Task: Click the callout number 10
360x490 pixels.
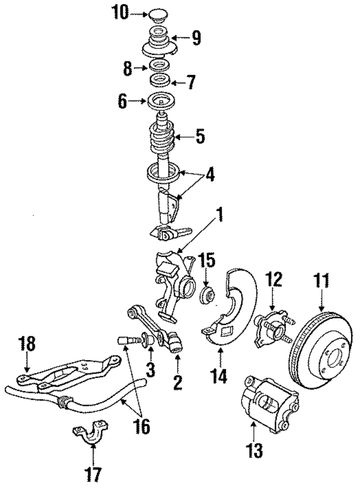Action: coord(119,12)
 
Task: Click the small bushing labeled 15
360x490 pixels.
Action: coord(206,294)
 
